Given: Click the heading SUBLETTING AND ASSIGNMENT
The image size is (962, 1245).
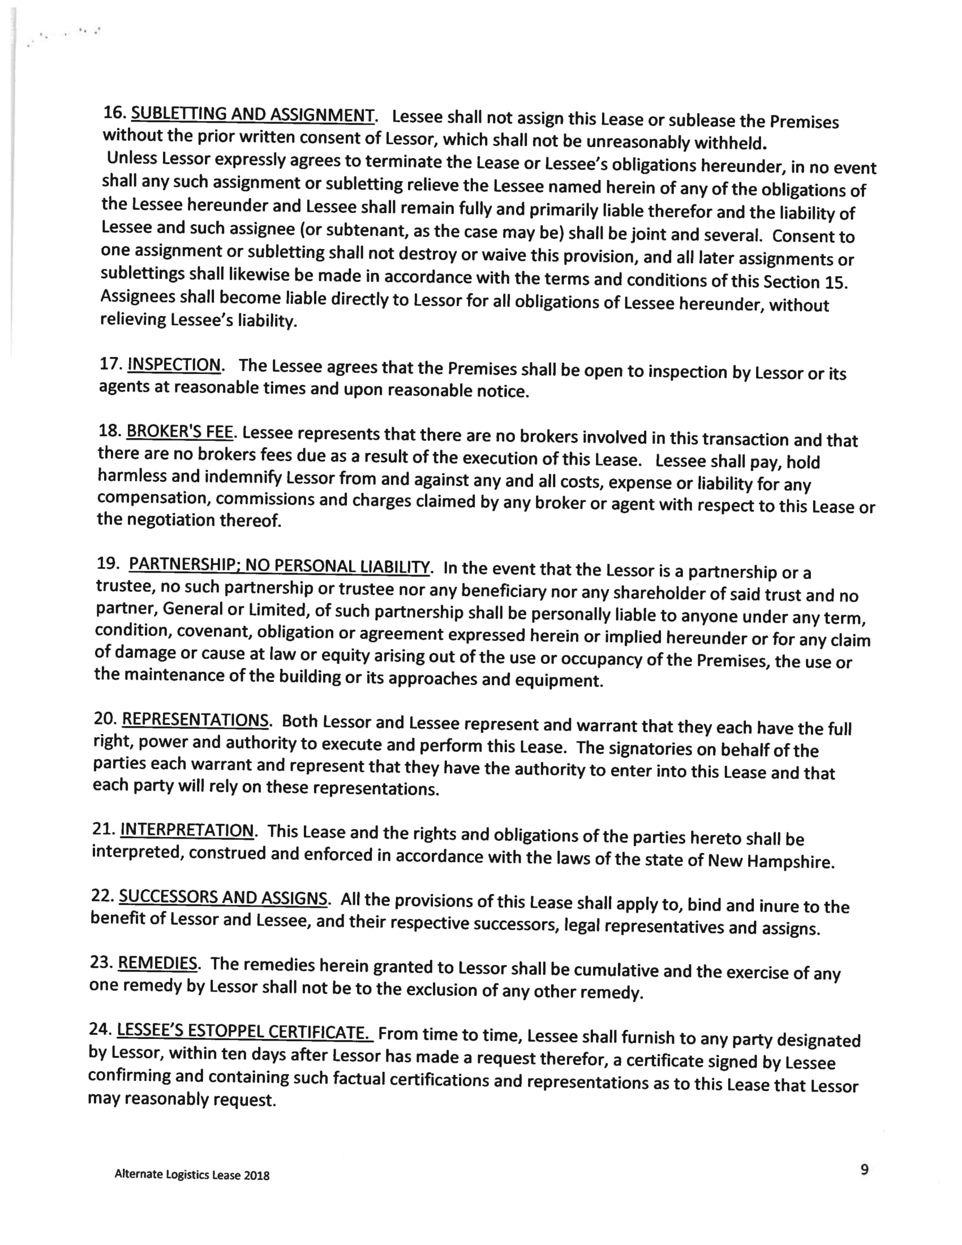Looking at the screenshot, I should [253, 114].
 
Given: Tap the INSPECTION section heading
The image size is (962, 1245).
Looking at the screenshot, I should [174, 364].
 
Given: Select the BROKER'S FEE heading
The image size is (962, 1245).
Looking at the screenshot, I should [179, 432].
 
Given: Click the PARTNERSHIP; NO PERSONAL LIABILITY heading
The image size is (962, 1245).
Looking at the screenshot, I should [278, 565].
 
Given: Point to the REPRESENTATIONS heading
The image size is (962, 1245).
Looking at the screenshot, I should [195, 719].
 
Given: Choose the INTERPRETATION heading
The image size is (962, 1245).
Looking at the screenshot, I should [187, 830].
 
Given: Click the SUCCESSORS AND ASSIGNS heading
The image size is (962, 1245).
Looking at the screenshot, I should [223, 898].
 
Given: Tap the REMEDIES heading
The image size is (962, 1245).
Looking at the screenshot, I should [157, 963].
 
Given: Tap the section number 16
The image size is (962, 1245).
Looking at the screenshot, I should [114, 112].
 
